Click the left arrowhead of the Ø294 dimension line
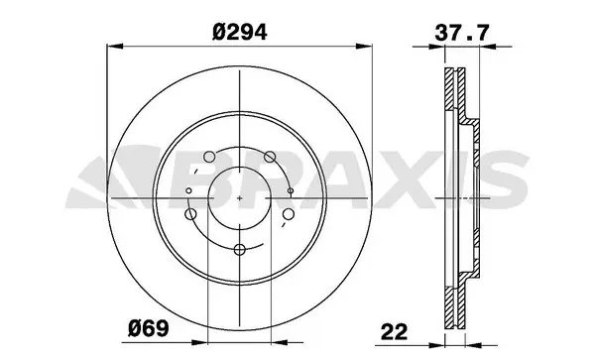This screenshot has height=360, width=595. click(112, 46)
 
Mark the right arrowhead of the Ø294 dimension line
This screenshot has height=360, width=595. click(374, 46)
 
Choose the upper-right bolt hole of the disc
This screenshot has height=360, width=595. click(270, 155)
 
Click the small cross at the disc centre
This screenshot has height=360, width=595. click(243, 197)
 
